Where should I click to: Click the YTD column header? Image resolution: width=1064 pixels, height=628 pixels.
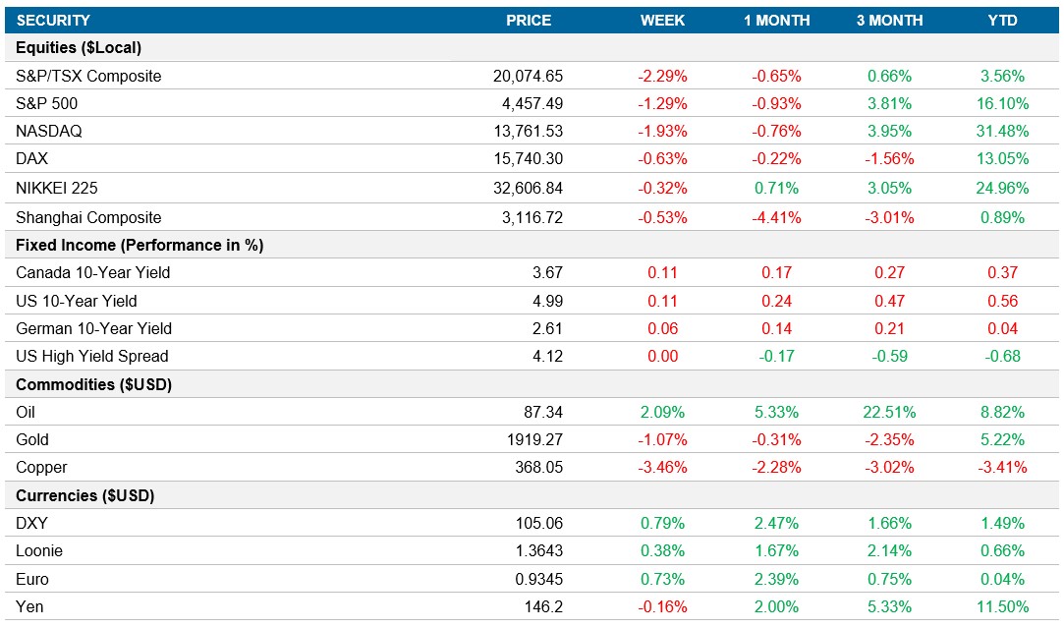coord(1002,20)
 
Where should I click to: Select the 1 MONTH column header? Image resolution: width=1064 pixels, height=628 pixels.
coord(776,20)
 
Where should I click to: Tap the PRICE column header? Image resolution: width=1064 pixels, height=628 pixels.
coord(529,20)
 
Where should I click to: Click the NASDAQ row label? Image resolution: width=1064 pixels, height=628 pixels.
coord(48,132)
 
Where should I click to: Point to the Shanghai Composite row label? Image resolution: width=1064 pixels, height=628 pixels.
coord(88,217)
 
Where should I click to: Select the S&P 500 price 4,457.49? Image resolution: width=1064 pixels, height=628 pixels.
coord(528,103)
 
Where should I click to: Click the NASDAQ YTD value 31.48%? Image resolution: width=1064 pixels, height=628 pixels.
coord(1002,132)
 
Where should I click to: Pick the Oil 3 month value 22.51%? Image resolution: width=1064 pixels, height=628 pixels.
coord(889,412)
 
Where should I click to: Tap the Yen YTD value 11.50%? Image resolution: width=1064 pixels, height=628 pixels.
coord(1002,606)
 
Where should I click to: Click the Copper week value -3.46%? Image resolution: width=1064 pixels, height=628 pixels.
coord(663,467)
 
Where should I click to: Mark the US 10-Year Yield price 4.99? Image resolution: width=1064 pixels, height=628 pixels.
coord(547,301)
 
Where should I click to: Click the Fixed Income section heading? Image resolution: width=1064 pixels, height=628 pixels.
coord(140,245)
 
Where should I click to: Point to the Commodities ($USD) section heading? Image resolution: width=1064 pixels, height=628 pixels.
coord(94,384)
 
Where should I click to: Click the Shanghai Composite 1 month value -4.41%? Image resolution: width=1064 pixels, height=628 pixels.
coord(776,217)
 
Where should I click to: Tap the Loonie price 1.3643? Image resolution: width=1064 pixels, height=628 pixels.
coord(539,551)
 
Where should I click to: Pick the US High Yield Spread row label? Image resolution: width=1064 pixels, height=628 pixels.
coord(92,356)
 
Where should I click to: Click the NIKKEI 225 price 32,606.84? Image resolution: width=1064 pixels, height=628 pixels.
coord(528,188)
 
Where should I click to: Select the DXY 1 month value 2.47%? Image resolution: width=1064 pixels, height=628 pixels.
coord(776,523)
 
